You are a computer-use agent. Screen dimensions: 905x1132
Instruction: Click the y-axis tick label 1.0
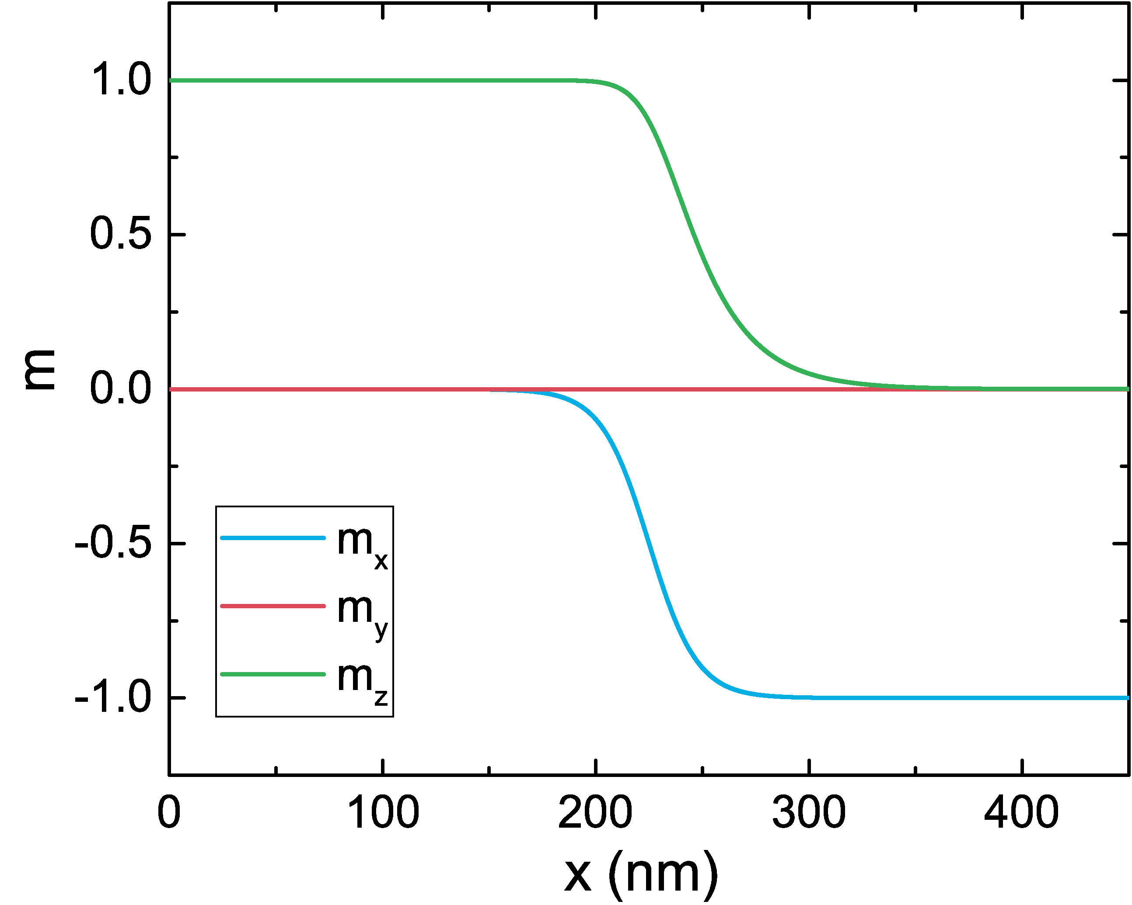[121, 80]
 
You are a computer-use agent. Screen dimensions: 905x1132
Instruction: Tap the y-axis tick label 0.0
[121, 389]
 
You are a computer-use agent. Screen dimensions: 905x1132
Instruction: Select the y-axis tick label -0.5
[113, 543]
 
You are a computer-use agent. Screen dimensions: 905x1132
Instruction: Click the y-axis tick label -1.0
[113, 698]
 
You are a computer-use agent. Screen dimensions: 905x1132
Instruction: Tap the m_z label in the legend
[362, 680]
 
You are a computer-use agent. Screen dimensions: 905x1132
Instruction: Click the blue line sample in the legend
[273, 538]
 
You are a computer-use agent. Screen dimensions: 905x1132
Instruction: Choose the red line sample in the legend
[273, 606]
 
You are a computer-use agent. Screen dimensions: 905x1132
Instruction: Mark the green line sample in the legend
[273, 674]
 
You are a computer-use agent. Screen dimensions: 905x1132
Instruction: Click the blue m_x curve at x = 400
[1022, 698]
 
